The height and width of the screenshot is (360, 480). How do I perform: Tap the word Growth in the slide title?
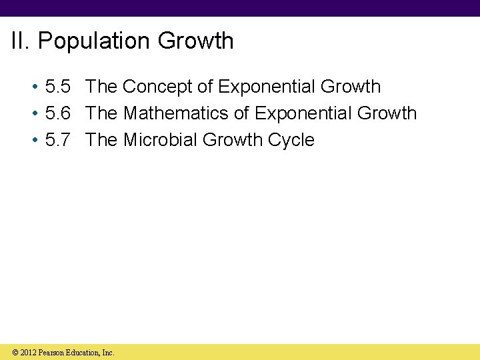click(196, 41)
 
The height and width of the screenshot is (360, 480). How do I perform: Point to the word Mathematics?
click(176, 113)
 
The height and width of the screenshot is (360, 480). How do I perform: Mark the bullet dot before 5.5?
click(33, 87)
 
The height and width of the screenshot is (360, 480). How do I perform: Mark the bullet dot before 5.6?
click(33, 114)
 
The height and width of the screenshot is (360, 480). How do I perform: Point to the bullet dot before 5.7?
click(33, 141)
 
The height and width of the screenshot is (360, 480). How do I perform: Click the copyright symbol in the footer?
click(15, 352)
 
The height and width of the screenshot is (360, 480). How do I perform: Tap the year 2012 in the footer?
click(29, 352)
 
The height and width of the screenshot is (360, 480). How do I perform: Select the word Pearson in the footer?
click(52, 352)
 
